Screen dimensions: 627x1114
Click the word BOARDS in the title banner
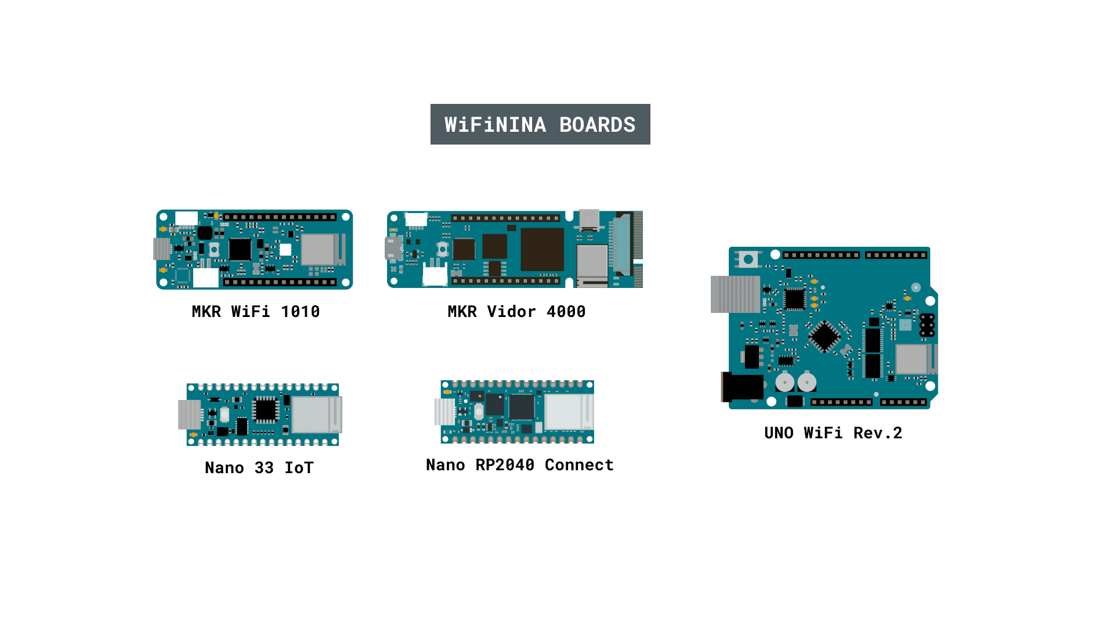tap(597, 125)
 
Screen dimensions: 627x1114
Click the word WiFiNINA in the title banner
tap(495, 125)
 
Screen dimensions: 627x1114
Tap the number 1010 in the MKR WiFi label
tap(300, 312)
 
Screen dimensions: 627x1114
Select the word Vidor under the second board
tap(511, 312)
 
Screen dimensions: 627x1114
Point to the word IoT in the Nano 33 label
tap(299, 468)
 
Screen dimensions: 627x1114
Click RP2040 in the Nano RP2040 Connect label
tap(505, 465)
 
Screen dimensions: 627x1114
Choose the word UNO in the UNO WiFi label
tap(779, 433)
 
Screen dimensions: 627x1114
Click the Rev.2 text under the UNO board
tap(877, 433)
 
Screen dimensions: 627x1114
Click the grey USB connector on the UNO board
tap(735, 294)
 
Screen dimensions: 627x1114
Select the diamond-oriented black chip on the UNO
tap(824, 336)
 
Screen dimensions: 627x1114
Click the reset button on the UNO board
tap(748, 259)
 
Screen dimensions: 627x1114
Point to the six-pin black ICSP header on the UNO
tap(927, 325)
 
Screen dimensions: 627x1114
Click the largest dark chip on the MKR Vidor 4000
tap(542, 249)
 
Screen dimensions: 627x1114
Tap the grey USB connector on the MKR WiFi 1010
tap(161, 249)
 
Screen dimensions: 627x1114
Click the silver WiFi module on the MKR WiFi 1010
tap(317, 249)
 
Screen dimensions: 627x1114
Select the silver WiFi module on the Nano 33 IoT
tap(310, 415)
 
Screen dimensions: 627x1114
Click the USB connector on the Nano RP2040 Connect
tap(445, 412)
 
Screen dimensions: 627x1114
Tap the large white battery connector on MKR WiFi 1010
tap(205, 278)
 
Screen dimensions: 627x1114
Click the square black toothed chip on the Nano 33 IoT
tap(266, 410)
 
